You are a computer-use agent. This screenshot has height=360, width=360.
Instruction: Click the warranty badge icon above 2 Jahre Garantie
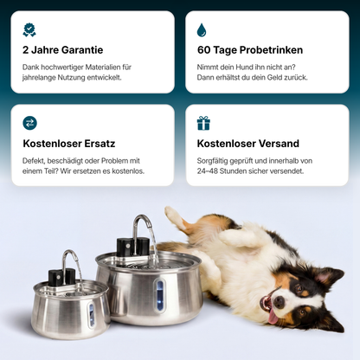(29, 30)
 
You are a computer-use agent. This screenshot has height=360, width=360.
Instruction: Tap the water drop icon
(202, 30)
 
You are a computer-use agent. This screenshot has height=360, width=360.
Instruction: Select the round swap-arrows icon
(30, 123)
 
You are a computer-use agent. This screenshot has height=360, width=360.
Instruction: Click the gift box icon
(203, 123)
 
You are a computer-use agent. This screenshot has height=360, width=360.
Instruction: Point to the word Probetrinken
(271, 50)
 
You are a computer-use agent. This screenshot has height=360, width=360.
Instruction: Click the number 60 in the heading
(203, 50)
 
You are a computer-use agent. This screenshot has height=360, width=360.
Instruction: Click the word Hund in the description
(244, 67)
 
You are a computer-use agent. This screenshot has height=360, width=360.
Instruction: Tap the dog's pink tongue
(273, 316)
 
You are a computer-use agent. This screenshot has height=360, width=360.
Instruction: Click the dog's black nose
(279, 302)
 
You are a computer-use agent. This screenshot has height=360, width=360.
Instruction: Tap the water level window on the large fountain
(159, 295)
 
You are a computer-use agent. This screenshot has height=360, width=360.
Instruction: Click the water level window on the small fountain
(91, 315)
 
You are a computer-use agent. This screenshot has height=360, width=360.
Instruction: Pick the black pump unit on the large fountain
(133, 247)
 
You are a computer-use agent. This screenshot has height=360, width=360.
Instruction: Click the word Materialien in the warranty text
(103, 67)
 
